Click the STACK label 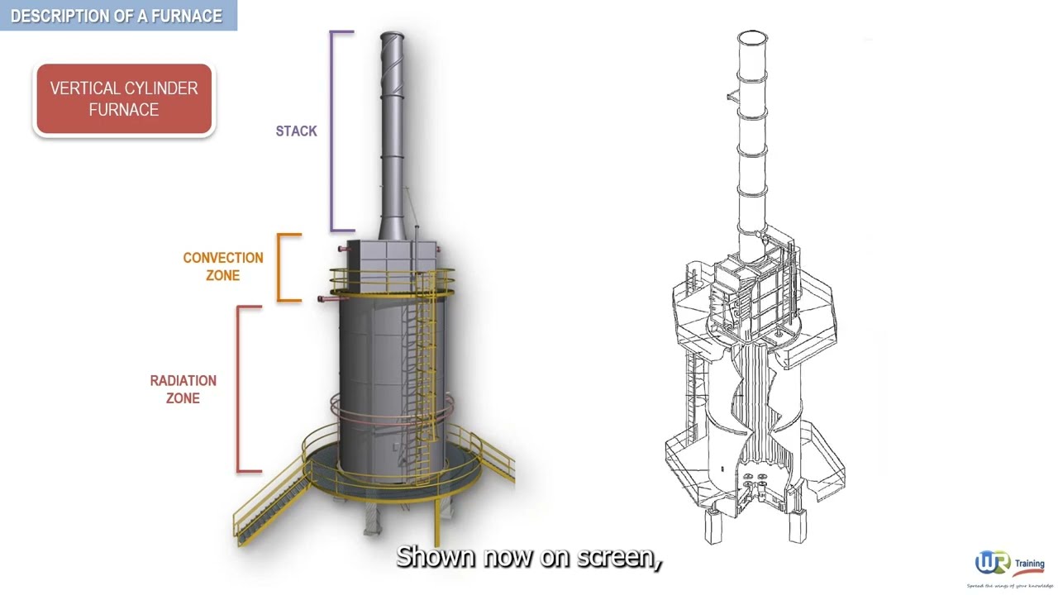(x=296, y=131)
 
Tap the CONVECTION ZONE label (x=222, y=266)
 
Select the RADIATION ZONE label (x=183, y=389)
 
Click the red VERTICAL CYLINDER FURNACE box (x=124, y=99)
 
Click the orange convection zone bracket (x=279, y=267)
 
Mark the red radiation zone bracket (x=240, y=388)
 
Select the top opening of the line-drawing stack (x=751, y=36)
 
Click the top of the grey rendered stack (x=392, y=37)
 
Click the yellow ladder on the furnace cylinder (x=426, y=372)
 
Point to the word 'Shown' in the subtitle (x=436, y=557)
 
